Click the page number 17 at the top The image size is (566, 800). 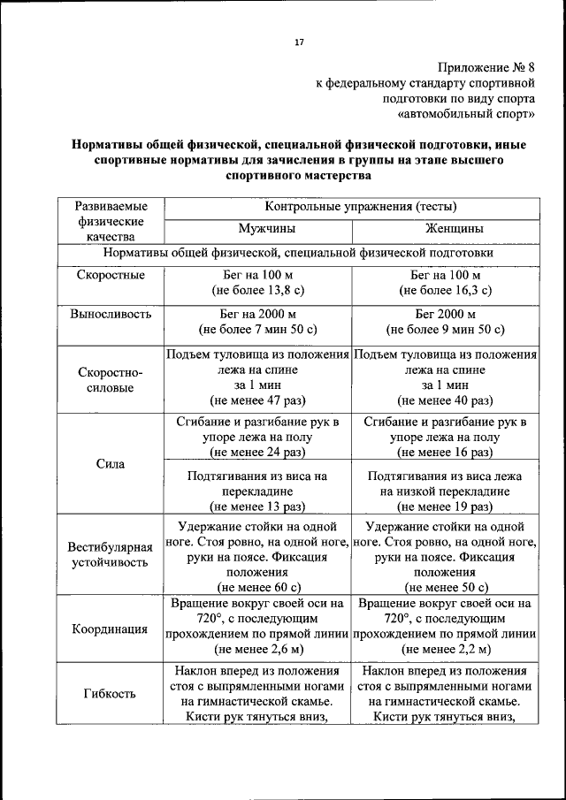298,42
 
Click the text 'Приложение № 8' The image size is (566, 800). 486,67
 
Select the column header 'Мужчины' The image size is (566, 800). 257,229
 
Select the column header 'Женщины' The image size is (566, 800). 445,229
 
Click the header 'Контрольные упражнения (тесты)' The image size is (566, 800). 352,207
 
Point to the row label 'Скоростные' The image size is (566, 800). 110,275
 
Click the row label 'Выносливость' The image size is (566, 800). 110,314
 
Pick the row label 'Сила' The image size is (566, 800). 110,464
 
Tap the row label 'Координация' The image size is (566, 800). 110,629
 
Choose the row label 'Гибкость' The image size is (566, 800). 110,693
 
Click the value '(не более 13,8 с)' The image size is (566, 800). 257,290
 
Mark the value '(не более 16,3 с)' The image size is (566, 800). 445,290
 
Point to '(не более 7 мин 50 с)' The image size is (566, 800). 257,330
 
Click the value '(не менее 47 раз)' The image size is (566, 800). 257,401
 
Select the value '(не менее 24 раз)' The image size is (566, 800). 257,453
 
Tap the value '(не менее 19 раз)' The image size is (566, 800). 445,507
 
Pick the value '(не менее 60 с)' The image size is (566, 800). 257,586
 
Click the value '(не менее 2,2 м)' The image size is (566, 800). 445,649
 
